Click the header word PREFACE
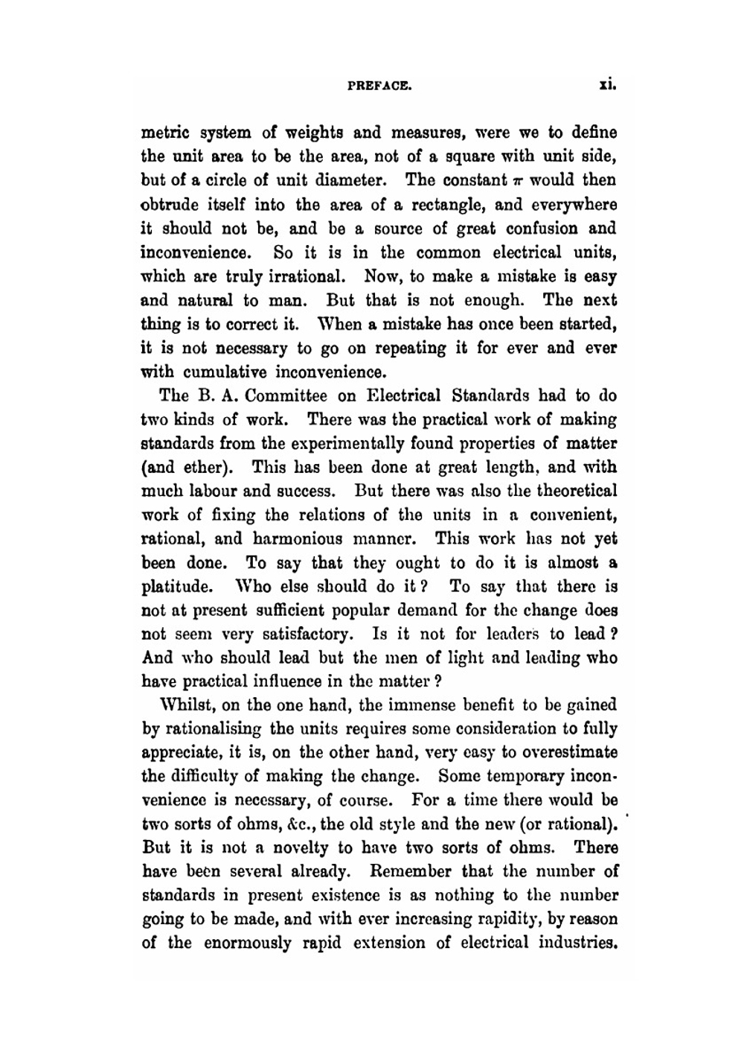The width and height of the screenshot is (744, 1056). tap(379, 86)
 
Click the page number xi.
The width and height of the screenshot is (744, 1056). tap(608, 86)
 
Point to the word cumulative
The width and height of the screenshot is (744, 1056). tap(225, 372)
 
